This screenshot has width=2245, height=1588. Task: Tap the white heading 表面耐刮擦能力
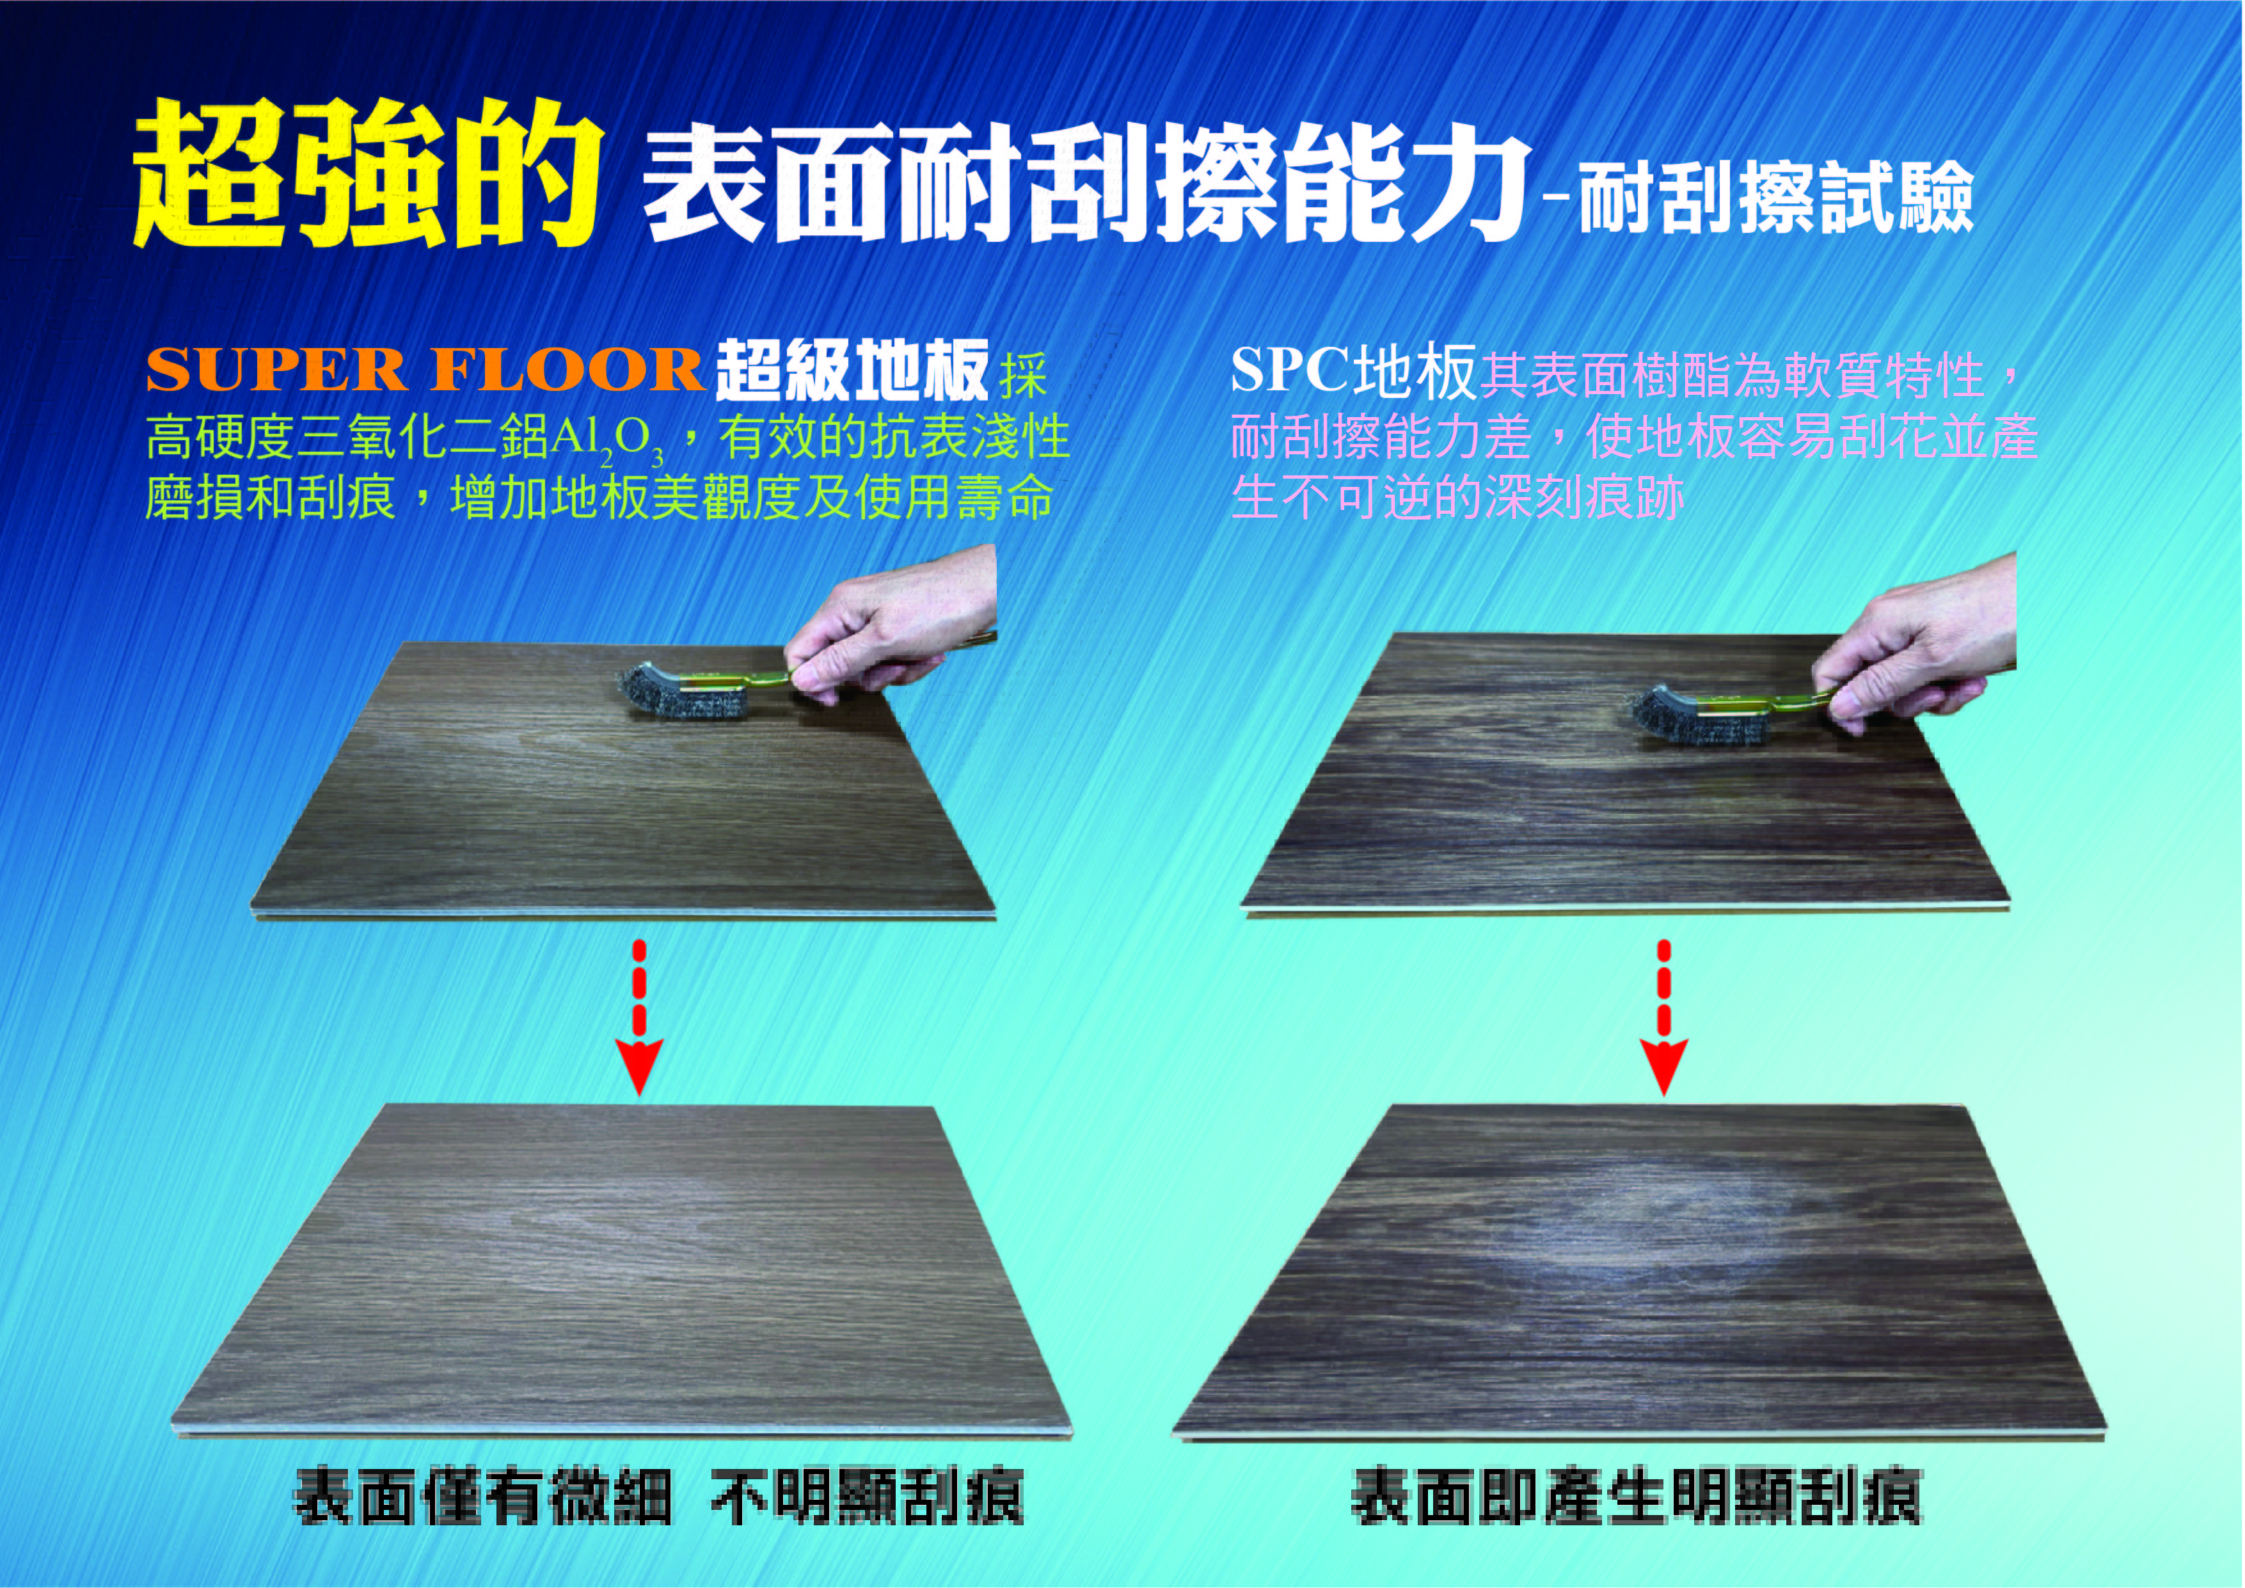click(1085, 187)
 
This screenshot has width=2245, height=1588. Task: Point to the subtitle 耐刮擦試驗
click(1775, 200)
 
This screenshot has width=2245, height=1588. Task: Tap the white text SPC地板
click(1353, 372)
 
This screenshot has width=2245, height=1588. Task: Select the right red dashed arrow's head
click(1663, 1066)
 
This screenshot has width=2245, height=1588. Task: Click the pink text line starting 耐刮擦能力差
click(1633, 437)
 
